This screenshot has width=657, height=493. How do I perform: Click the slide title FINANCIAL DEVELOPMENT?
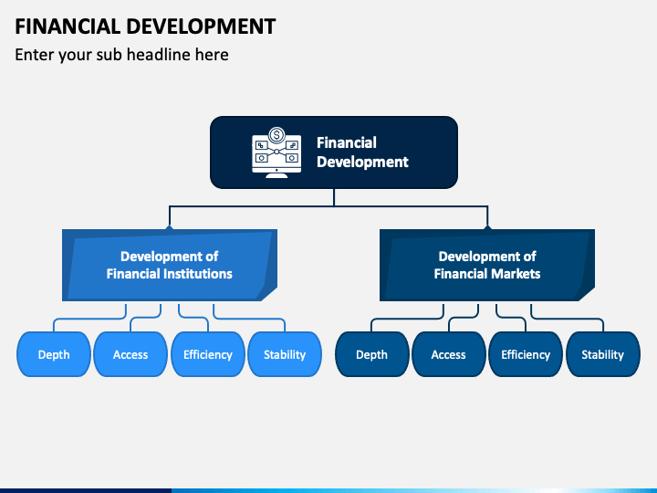click(145, 26)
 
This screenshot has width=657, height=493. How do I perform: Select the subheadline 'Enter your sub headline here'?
click(121, 55)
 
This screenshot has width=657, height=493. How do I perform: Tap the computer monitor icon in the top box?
click(276, 156)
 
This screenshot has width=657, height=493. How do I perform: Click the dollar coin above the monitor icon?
click(276, 133)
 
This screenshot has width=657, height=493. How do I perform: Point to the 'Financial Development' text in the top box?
click(361, 152)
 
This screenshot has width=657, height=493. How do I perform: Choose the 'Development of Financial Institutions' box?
click(169, 265)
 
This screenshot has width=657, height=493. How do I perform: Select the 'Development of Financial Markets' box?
click(486, 265)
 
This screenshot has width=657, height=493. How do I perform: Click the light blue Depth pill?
click(54, 354)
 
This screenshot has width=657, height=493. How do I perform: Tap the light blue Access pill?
click(130, 354)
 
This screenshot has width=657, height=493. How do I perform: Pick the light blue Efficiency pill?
click(207, 354)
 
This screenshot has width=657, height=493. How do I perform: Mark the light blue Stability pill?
click(285, 354)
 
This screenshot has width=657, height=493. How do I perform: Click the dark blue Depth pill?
click(371, 354)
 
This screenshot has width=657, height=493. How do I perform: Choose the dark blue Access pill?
click(448, 354)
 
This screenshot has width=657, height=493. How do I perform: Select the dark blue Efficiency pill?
click(526, 354)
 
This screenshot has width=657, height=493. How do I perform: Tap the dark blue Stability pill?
click(602, 354)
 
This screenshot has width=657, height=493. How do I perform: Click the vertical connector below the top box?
click(334, 197)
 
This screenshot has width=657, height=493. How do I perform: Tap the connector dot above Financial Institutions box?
click(169, 227)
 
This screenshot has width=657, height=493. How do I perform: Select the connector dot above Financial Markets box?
click(486, 227)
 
